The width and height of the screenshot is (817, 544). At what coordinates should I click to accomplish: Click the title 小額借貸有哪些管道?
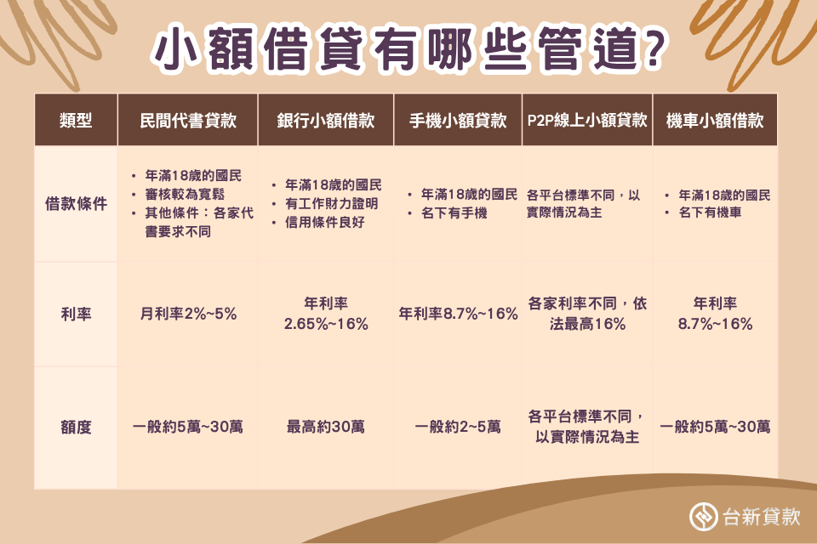point(408,50)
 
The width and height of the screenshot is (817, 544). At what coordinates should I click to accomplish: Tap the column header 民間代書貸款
point(187,120)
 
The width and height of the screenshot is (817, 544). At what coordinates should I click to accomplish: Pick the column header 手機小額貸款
point(458,120)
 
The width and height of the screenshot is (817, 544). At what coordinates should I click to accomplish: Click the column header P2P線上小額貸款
point(586,120)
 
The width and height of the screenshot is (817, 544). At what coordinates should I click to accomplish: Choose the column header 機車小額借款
point(714,120)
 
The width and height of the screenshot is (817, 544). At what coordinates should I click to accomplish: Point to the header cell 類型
point(76,120)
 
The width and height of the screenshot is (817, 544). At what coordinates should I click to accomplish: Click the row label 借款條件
point(76,204)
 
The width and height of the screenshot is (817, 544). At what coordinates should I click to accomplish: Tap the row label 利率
point(76,314)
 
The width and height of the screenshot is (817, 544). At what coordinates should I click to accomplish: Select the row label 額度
point(76,427)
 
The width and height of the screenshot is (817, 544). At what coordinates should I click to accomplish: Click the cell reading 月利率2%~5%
point(188,314)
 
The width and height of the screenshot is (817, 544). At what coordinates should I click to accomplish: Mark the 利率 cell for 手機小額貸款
point(458,314)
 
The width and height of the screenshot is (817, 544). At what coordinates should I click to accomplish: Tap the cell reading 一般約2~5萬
point(458,427)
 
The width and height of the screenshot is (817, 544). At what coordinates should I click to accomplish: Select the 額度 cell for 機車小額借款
point(715,427)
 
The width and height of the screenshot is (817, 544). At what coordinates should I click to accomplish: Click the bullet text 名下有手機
point(454,212)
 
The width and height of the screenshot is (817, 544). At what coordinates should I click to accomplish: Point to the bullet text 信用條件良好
point(323,223)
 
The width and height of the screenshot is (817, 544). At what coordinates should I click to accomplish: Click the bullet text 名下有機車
point(710,212)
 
